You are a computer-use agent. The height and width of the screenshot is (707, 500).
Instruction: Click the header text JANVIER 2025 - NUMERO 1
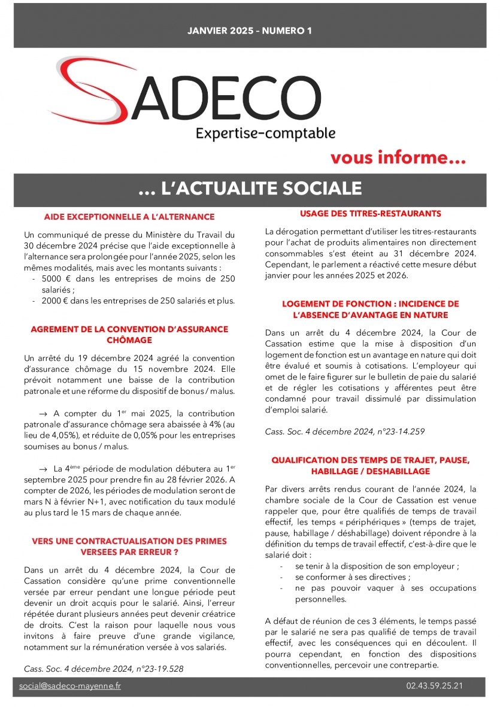250,30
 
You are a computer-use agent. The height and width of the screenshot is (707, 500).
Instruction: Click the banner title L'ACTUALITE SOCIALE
250,189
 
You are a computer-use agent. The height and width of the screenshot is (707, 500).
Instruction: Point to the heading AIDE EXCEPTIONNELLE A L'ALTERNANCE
129,217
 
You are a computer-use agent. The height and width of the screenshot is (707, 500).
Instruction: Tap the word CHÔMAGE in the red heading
129,340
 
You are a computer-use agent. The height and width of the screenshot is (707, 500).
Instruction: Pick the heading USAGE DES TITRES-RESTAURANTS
371,213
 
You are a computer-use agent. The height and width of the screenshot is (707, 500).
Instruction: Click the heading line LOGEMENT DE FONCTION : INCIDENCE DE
371,304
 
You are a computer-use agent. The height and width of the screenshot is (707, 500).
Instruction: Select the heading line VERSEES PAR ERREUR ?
129,551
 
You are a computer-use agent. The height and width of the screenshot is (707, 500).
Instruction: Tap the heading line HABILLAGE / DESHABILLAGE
371,471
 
